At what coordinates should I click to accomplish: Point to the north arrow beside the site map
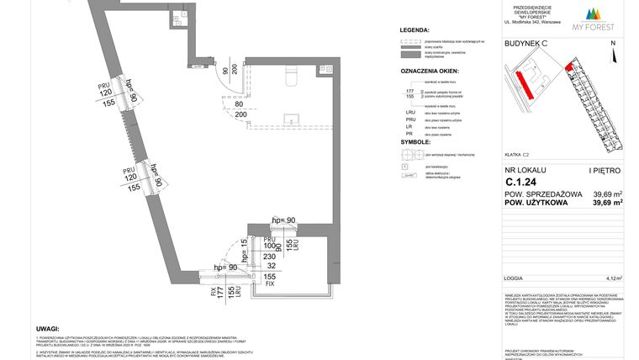click(613, 56)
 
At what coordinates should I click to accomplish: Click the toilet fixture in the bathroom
click(289, 77)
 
